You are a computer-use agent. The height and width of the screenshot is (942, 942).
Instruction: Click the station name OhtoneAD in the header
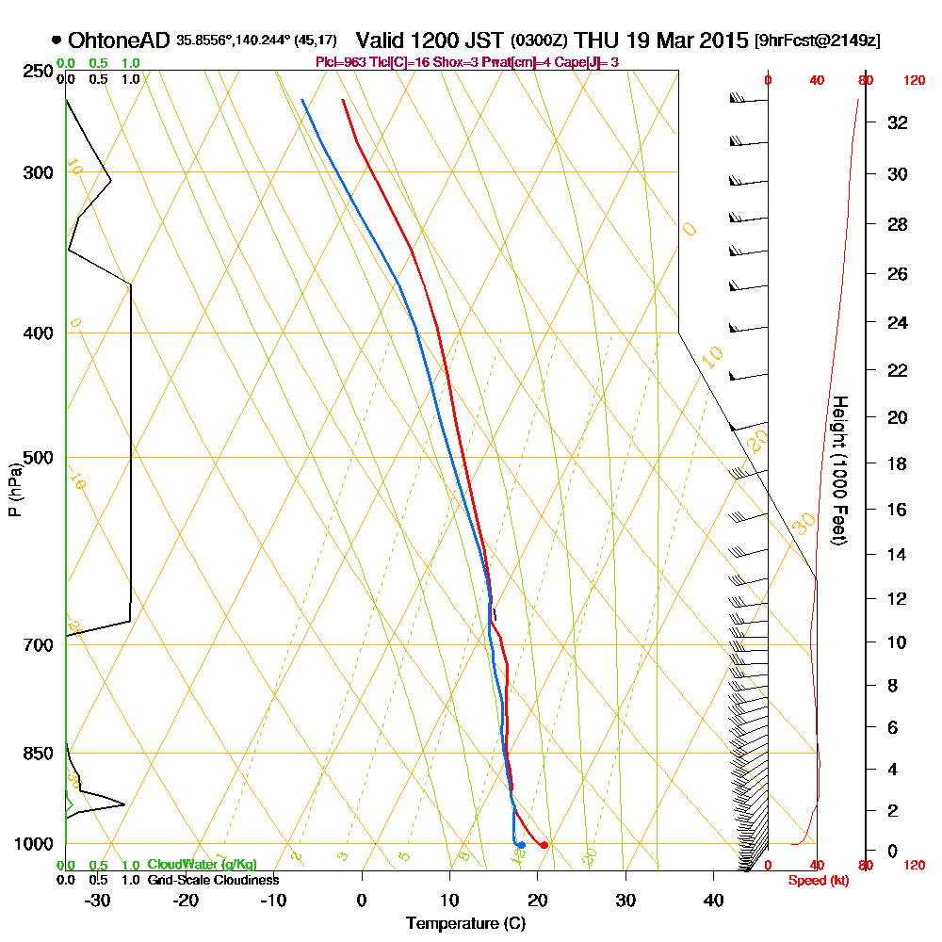pos(120,41)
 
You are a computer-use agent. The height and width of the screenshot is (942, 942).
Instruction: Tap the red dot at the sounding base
pos(544,845)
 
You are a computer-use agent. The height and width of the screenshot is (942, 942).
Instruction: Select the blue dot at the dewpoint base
pos(521,845)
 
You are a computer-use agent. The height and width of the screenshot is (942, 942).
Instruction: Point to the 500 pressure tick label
pos(35,458)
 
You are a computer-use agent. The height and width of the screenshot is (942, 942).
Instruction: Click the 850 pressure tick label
pos(35,754)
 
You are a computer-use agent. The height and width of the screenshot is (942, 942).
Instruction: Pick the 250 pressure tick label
pos(35,72)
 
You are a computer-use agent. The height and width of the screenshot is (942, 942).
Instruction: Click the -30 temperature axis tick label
pos(98,899)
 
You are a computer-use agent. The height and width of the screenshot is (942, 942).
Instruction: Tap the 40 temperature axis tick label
pos(713,899)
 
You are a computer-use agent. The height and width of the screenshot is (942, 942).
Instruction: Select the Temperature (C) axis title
pos(465,923)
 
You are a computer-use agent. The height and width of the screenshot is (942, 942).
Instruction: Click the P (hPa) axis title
pos(14,490)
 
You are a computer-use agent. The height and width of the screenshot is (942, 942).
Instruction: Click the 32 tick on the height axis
pos(898,122)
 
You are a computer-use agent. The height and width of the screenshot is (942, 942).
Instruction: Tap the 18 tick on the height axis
pos(898,463)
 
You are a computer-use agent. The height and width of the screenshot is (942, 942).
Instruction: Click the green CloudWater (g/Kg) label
pos(202,865)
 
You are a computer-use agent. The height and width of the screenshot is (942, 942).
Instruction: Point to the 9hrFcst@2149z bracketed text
pos(818,41)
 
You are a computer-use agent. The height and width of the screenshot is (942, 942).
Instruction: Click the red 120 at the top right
pos(913,81)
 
